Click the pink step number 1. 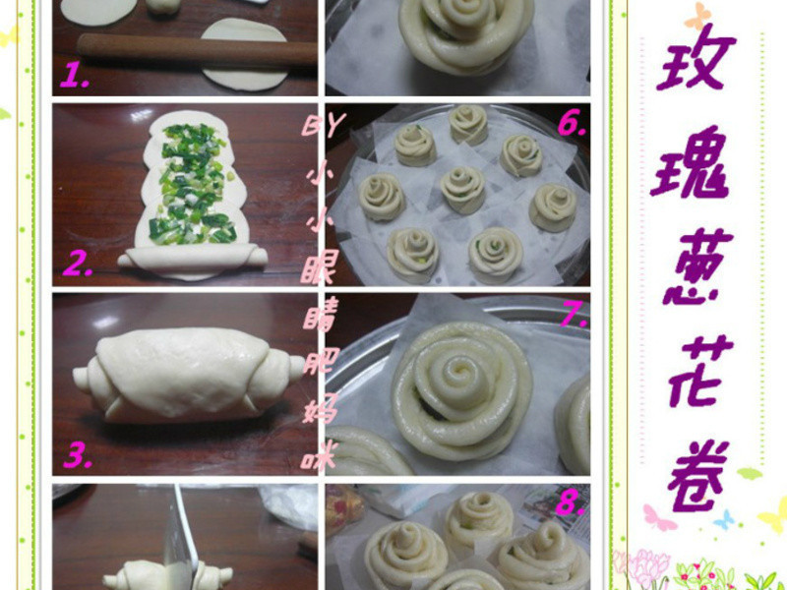[75, 77]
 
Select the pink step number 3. [78, 456]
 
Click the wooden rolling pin [197, 50]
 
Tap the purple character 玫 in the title [696, 57]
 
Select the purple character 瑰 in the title [691, 161]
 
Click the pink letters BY [325, 126]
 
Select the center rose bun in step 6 [462, 190]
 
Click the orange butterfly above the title [698, 16]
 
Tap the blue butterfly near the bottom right [724, 520]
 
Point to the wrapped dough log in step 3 [187, 376]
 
